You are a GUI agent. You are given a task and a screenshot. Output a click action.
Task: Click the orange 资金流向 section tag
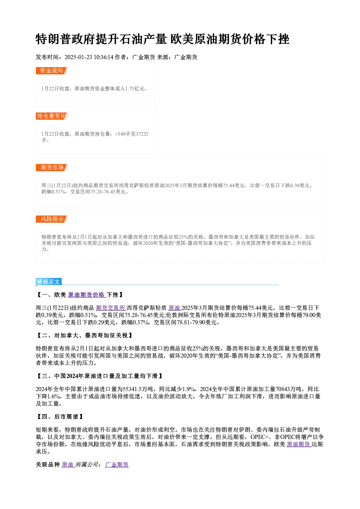point(52,71)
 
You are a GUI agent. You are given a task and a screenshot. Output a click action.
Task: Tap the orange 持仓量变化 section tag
point(52,116)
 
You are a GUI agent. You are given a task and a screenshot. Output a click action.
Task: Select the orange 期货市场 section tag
point(52,168)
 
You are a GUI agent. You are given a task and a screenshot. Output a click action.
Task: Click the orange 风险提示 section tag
point(52,219)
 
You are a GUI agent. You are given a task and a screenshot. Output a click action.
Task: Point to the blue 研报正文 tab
point(49,282)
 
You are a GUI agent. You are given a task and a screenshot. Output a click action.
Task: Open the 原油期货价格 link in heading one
point(87,295)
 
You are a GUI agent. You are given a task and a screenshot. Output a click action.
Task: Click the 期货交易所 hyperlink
point(111,308)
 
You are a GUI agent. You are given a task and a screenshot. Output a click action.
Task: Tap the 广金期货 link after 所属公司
point(117,465)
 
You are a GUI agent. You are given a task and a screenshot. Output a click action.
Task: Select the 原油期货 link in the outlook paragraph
point(299,444)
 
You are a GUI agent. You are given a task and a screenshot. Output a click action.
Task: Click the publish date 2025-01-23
point(78,57)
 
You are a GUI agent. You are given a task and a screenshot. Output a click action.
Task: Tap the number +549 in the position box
point(120,134)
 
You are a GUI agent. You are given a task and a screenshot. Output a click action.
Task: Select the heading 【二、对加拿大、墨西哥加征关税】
point(85,335)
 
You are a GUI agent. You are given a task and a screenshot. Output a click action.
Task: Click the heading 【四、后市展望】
point(60,417)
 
